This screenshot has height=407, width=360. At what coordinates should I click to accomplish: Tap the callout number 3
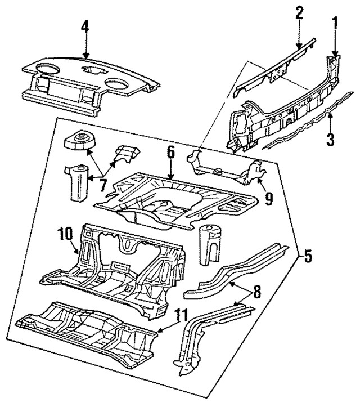pyautogui.click(x=331, y=138)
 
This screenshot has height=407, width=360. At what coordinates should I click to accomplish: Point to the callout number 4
pyautogui.click(x=84, y=27)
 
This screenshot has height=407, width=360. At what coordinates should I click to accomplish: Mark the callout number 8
pyautogui.click(x=256, y=293)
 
